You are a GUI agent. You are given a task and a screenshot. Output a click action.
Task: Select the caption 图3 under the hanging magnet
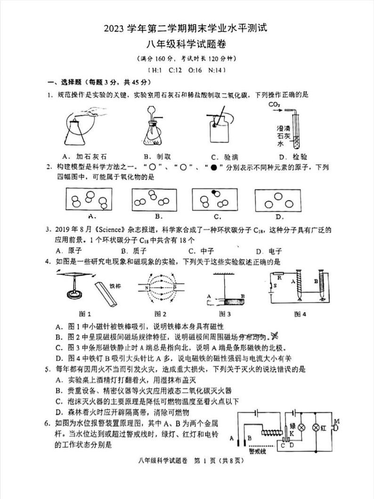[x=225, y=314]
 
